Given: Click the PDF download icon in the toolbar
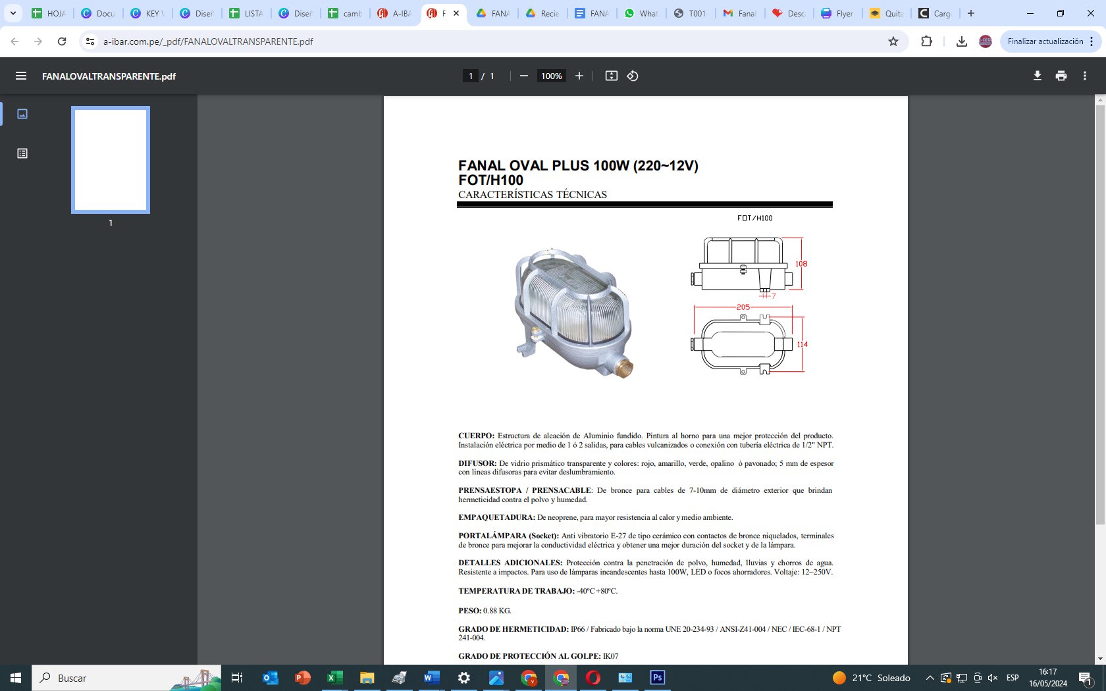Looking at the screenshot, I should (1037, 76).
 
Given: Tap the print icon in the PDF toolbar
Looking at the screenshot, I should (1061, 76).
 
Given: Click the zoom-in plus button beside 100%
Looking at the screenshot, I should (579, 76).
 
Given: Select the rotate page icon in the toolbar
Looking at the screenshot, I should (633, 76).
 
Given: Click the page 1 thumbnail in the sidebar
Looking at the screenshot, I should (111, 160).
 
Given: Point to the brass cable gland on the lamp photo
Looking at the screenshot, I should (623, 367).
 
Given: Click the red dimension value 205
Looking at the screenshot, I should (743, 307).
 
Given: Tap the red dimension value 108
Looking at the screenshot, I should (801, 264).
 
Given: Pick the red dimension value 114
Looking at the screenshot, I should (803, 344).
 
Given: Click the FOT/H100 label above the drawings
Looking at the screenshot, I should (755, 218).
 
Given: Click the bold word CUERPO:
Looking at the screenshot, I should (476, 436).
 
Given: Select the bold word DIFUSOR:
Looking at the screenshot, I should (477, 463).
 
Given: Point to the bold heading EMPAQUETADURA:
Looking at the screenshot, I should (496, 517).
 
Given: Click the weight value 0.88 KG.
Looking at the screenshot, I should (497, 611).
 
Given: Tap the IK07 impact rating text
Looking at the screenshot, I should (611, 656).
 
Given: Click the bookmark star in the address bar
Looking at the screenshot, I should (893, 41).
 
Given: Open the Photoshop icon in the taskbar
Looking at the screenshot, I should (657, 678).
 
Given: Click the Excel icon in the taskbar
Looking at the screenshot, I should (334, 678).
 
